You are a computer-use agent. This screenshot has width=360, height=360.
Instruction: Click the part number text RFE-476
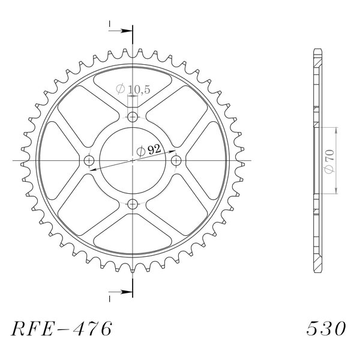62,329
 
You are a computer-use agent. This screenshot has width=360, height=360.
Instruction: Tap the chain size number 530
326,329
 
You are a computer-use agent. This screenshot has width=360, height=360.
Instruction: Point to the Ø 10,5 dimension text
133,89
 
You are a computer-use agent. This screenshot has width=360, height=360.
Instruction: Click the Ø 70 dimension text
329,161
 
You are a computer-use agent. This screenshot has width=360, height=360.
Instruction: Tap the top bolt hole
133,117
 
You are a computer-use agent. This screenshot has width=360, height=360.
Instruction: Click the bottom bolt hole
133,204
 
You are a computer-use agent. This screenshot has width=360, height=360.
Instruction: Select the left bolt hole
89,160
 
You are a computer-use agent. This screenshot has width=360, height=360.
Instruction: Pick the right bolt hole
176,160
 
